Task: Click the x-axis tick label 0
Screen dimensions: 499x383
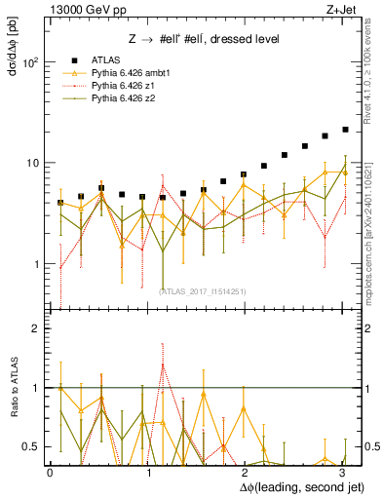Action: coord(50,472)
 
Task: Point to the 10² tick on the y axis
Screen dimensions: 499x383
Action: coord(30,61)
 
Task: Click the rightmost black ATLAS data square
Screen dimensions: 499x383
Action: coord(345,129)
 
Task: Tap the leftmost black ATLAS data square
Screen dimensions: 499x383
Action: coord(60,203)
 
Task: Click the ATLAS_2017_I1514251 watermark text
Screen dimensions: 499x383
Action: coord(203,290)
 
